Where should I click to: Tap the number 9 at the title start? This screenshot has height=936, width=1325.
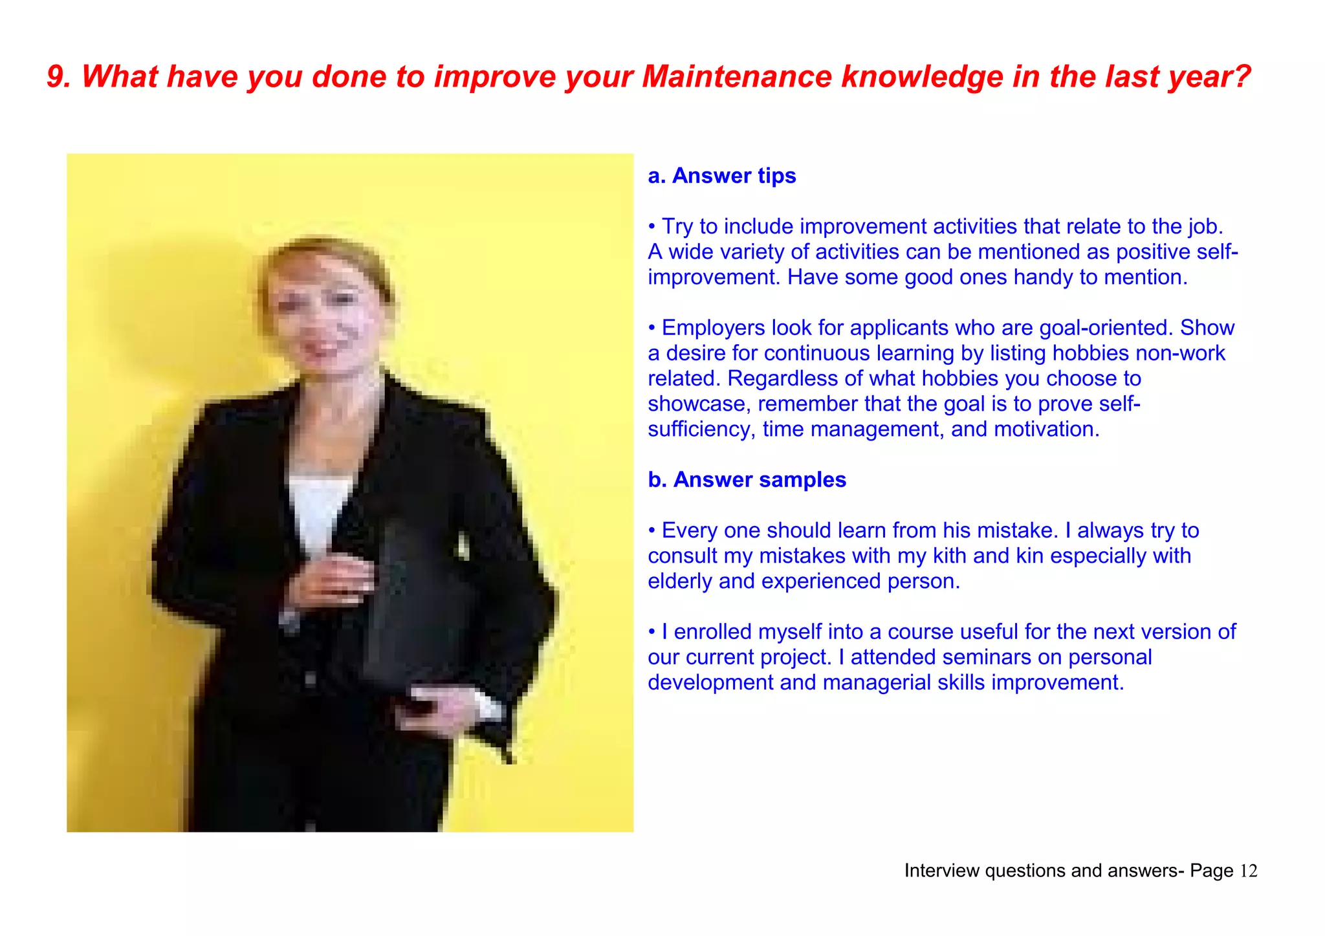click(57, 77)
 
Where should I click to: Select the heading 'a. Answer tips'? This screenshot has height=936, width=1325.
click(721, 176)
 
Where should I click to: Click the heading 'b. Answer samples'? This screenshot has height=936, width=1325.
click(747, 480)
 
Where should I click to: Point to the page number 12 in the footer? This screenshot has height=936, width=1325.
click(1249, 871)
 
